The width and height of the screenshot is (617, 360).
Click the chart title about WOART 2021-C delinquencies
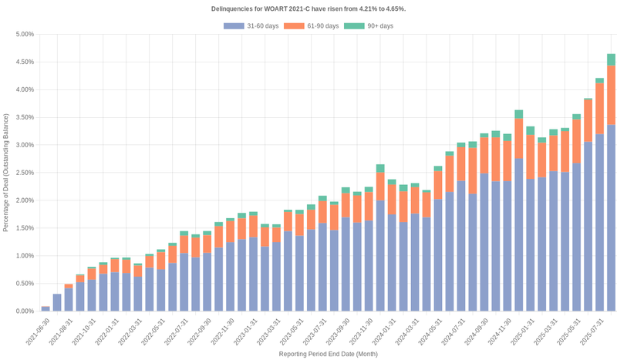[x=308, y=8]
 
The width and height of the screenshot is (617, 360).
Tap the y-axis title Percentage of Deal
[x=6, y=173]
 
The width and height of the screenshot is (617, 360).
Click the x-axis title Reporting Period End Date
[x=329, y=354]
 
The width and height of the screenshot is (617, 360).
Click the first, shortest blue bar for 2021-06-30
[x=46, y=308]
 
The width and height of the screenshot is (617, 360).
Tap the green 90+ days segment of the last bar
[x=611, y=59]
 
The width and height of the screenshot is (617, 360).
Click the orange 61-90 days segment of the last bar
[x=611, y=95]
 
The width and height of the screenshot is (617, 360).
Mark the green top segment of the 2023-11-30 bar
[x=380, y=168]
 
